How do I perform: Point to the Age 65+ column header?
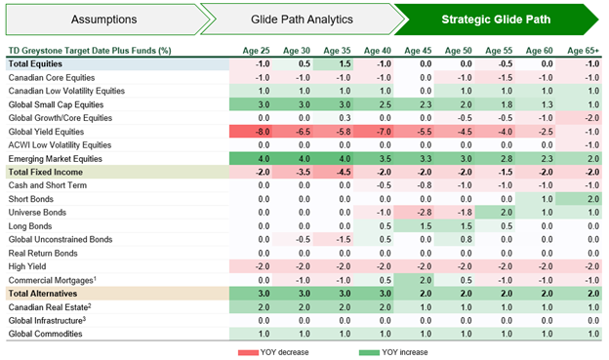pos(584,50)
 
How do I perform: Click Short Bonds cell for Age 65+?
pos(584,198)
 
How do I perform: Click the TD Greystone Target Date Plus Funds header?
pos(90,50)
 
